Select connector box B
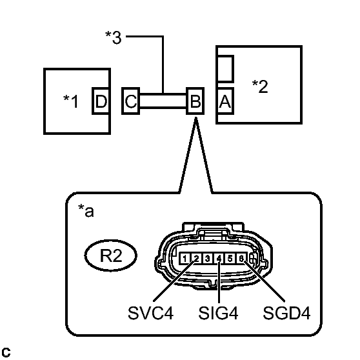coord(194,101)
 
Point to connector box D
coord(101,101)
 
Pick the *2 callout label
coord(259,86)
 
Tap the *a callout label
coord(85,212)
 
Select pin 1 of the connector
coord(185,259)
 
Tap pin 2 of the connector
coord(195,259)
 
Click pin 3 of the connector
coord(207,259)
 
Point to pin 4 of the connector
coord(219,259)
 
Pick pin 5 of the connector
coord(230,259)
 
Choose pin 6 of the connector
coord(241,259)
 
